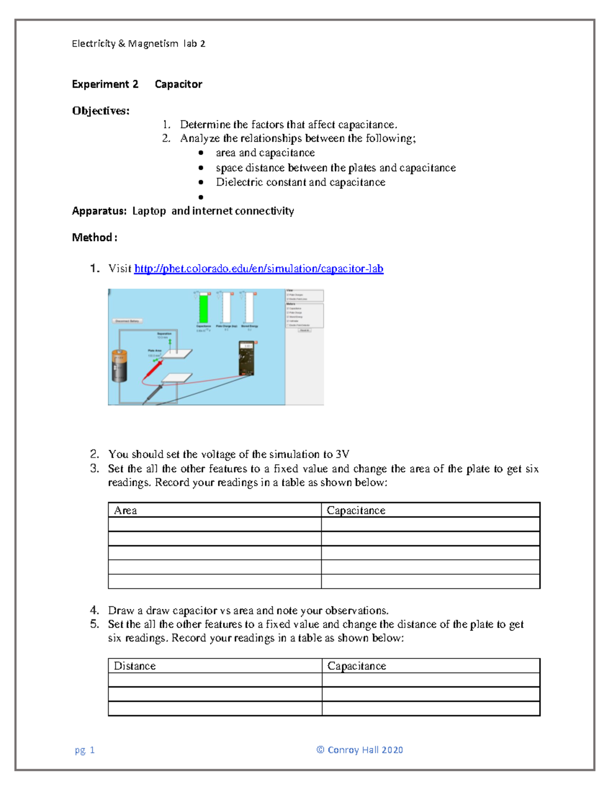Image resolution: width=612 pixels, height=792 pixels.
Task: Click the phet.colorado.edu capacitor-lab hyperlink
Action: [x=259, y=269]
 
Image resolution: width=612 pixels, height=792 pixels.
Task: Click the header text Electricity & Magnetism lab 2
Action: [x=138, y=44]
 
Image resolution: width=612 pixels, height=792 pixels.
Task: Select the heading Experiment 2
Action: [x=105, y=84]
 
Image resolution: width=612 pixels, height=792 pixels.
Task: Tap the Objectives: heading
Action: [x=100, y=111]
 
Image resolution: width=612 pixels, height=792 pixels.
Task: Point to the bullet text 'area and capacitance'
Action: [x=265, y=153]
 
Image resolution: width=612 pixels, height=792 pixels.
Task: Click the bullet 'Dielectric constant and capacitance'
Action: [x=300, y=183]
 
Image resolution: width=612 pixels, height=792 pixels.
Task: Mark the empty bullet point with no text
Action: [x=201, y=197]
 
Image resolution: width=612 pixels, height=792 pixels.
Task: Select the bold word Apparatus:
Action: [x=99, y=211]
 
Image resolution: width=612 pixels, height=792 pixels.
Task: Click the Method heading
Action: [x=94, y=238]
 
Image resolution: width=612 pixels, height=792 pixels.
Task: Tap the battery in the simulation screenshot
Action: [x=119, y=365]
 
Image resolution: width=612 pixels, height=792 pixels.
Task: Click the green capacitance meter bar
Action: [x=203, y=308]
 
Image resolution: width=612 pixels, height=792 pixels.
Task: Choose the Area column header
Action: [x=125, y=510]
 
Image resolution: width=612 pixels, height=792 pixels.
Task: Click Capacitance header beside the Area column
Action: [x=355, y=510]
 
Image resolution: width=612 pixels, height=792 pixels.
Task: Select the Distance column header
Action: [x=135, y=666]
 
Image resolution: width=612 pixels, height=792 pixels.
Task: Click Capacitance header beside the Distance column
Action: [x=356, y=666]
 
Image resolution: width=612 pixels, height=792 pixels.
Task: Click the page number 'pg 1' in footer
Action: [x=85, y=750]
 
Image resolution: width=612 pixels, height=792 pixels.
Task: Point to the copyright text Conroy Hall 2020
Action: [x=360, y=750]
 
